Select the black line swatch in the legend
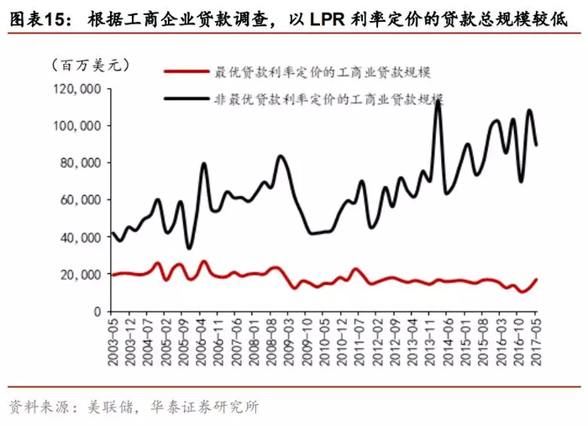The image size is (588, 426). [x=189, y=98]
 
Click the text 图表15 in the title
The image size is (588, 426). [x=34, y=17]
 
